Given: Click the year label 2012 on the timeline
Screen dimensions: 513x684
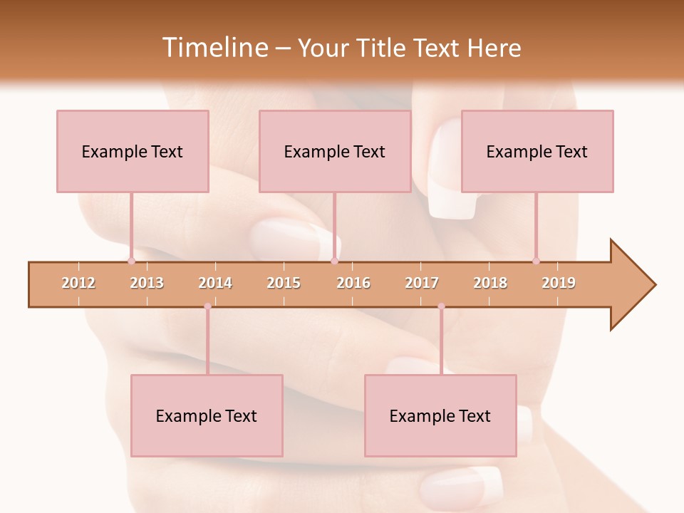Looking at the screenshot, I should (78, 283).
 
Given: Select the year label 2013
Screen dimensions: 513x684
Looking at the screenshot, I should (147, 283).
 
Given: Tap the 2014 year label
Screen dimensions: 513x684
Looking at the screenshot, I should (215, 283).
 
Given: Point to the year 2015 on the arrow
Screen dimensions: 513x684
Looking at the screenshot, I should (284, 283).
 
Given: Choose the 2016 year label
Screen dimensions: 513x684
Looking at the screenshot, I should (353, 283).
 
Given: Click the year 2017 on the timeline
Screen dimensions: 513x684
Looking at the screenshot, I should (422, 283).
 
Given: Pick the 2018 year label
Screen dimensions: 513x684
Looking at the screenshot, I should (490, 283).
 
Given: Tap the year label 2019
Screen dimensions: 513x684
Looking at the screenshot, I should (559, 283).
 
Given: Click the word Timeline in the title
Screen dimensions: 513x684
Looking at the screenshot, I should (214, 48).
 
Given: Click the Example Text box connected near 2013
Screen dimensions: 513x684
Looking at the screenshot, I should (133, 151).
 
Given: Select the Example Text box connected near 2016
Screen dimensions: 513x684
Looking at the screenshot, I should (335, 151).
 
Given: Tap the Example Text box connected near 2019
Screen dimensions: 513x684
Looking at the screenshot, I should (537, 151).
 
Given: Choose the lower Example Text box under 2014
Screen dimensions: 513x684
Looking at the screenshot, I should (207, 416).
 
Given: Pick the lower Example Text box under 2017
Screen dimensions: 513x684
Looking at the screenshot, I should (440, 416).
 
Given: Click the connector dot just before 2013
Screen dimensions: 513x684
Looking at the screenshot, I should (131, 261).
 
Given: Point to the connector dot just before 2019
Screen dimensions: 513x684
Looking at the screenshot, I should (536, 261).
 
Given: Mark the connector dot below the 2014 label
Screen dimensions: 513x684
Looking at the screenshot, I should (207, 306).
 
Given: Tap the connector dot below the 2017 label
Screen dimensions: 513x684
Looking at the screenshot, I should (441, 306).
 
